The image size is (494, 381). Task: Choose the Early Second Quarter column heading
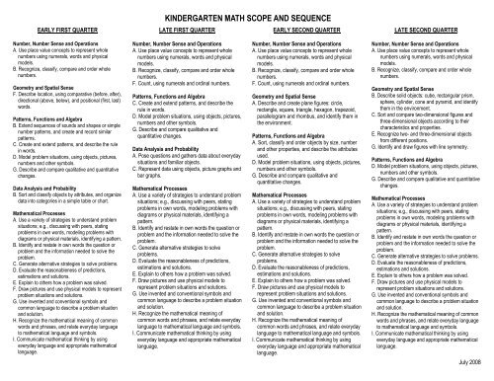[x=311, y=25]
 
